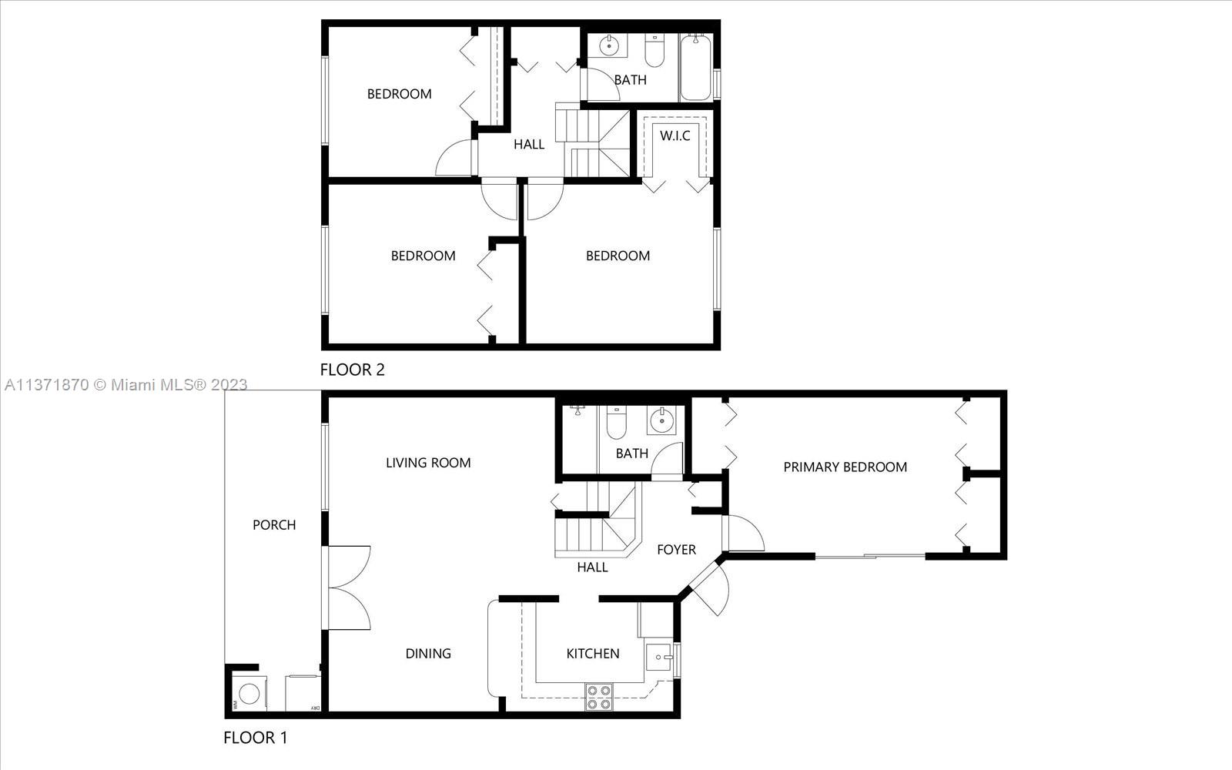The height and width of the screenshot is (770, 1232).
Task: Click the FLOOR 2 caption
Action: click(352, 370)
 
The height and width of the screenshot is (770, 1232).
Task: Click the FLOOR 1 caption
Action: click(255, 738)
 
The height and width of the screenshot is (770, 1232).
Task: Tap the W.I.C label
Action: click(675, 136)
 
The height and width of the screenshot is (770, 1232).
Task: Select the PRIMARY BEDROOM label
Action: click(845, 467)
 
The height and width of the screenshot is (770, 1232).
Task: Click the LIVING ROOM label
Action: click(428, 463)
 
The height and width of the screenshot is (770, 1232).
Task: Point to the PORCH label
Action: click(274, 525)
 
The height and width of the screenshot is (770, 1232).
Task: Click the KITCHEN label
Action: click(592, 654)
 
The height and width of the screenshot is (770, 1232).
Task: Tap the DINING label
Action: click(428, 654)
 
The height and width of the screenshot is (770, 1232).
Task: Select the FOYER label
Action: click(676, 550)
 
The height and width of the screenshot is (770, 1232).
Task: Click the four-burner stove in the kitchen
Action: click(598, 697)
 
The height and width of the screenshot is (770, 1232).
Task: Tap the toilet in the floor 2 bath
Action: click(654, 52)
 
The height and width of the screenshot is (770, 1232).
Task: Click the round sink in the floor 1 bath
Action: click(661, 421)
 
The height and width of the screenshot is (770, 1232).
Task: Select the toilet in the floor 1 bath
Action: click(617, 423)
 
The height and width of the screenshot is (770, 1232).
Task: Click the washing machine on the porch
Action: click(249, 694)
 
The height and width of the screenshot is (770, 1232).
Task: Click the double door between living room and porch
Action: click(348, 588)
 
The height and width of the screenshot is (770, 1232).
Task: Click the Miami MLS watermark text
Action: click(125, 385)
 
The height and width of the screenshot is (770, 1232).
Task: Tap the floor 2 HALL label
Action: click(529, 144)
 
